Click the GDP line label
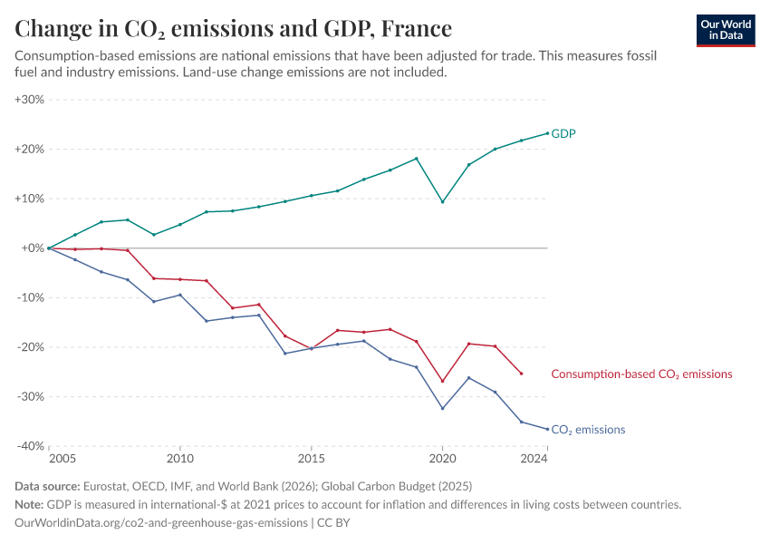point(563,133)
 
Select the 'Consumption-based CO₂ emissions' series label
point(641,374)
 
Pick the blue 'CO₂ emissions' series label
point(588,430)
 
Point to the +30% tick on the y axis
point(30,100)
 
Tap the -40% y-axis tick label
point(30,446)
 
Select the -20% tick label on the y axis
point(30,347)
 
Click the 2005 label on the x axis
point(49,460)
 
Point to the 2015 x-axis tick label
point(311,460)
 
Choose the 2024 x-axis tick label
point(534,460)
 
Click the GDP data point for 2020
point(442,201)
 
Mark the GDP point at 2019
point(416,159)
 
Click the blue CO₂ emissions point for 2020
point(442,408)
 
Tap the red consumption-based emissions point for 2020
point(442,381)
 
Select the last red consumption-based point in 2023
point(521,374)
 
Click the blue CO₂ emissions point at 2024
point(547,429)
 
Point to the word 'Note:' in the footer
point(30,505)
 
